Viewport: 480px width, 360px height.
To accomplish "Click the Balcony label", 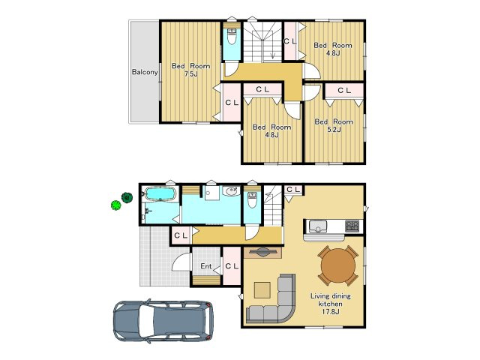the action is pyautogui.click(x=145, y=72).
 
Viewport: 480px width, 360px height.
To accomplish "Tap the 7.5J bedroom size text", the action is pyautogui.click(x=190, y=73).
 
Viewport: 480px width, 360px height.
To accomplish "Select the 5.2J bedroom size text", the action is pyautogui.click(x=334, y=130).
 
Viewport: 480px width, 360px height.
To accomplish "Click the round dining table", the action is pyautogui.click(x=338, y=265).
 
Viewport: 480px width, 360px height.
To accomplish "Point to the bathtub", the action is pyautogui.click(x=160, y=193).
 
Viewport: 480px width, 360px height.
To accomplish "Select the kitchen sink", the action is pyautogui.click(x=318, y=226).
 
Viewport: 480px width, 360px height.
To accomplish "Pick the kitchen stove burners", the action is pyautogui.click(x=352, y=226).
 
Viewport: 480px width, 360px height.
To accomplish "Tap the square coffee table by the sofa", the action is pyautogui.click(x=262, y=290).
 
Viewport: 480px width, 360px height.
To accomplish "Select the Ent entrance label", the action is pyautogui.click(x=206, y=266).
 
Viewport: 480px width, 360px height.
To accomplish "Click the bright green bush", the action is pyautogui.click(x=116, y=205).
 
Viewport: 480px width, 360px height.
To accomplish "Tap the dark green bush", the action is pyautogui.click(x=127, y=197).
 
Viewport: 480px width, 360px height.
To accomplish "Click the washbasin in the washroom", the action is pyautogui.click(x=231, y=192).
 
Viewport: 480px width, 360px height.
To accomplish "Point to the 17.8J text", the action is pyautogui.click(x=331, y=312).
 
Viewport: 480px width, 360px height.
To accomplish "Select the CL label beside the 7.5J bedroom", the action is pyautogui.click(x=232, y=103).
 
